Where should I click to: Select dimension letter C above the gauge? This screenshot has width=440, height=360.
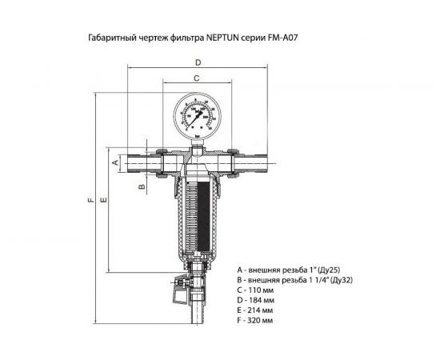195,78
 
